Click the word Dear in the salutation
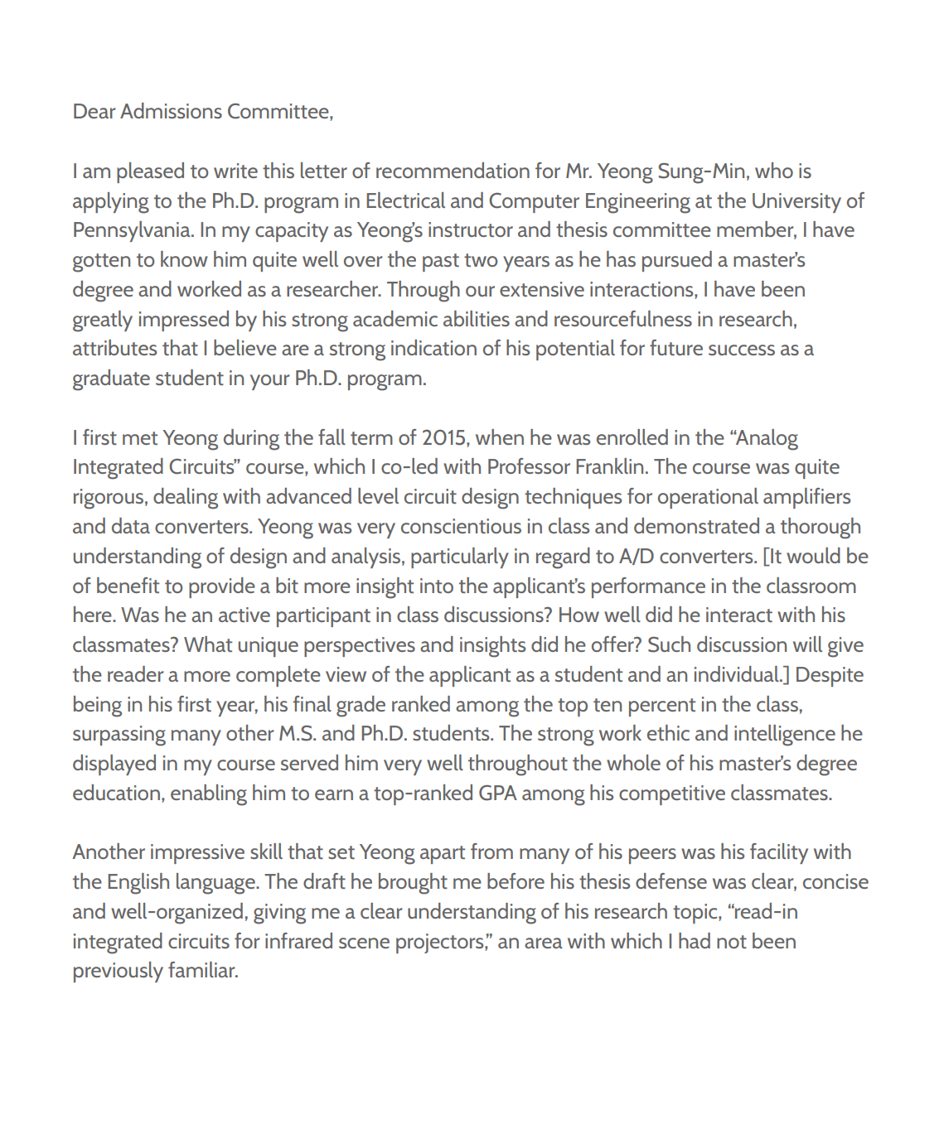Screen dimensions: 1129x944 [x=94, y=112]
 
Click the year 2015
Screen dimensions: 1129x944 [x=444, y=438]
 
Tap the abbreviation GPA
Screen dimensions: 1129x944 [x=497, y=794]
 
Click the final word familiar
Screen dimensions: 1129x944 [x=203, y=971]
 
